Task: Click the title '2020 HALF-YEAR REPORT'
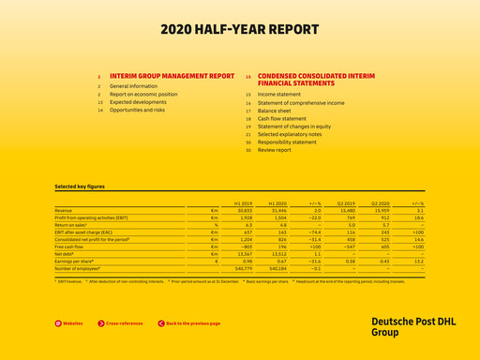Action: tap(240, 29)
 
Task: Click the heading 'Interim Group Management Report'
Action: tap(172, 75)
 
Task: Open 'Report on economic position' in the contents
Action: tap(143, 94)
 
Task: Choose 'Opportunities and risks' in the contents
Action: tap(137, 110)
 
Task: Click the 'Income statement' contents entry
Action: tap(279, 95)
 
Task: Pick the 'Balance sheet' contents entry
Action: tap(276, 111)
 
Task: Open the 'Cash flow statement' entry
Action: tap(282, 119)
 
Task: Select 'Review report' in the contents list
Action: tap(275, 150)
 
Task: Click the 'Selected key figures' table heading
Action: tap(79, 187)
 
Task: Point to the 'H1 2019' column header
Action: tap(244, 203)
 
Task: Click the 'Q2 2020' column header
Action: tap(380, 203)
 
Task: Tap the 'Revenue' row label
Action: tap(64, 211)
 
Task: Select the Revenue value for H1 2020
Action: tap(277, 211)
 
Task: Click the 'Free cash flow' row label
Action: tap(70, 247)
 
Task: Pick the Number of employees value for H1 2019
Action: tap(243, 268)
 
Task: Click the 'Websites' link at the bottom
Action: tap(71, 323)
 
